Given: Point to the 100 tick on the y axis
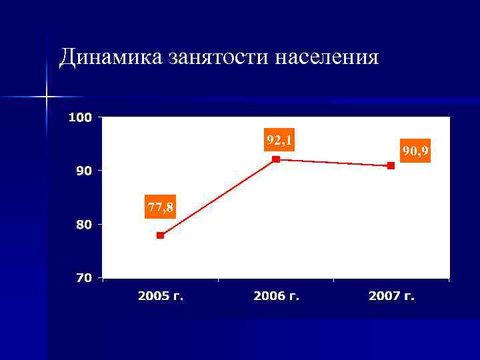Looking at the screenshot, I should [x=80, y=117].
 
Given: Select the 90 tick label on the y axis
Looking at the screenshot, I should [x=84, y=171].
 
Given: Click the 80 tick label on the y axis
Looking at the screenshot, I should [x=84, y=225].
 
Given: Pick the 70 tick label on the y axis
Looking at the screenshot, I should [x=84, y=278].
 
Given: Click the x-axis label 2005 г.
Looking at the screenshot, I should [x=161, y=295].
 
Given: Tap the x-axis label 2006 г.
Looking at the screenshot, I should [x=276, y=295].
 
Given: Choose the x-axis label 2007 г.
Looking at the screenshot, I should [x=391, y=295].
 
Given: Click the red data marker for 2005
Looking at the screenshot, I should [x=160, y=235].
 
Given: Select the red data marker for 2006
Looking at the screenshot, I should [x=276, y=159].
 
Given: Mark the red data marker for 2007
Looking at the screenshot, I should [x=391, y=165].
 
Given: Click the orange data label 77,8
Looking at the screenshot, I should [x=161, y=208].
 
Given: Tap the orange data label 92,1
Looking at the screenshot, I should [x=279, y=140].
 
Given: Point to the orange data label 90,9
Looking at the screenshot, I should [x=415, y=151].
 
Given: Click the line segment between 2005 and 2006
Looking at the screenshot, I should [x=218, y=197].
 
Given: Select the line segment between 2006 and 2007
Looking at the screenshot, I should [x=333, y=163].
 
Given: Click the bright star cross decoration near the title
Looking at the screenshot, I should [x=47, y=97].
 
